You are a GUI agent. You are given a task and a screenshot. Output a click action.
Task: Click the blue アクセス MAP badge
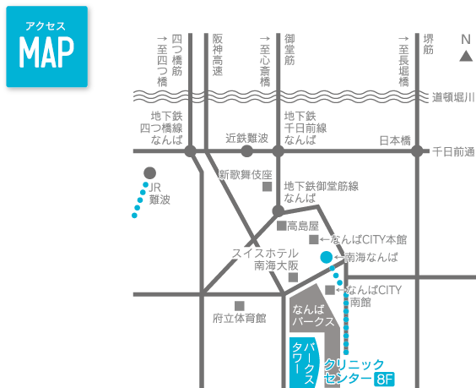point(46,46)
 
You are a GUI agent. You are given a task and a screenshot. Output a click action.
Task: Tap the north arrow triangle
point(466,57)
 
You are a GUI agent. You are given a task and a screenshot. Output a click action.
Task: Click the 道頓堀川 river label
point(453,97)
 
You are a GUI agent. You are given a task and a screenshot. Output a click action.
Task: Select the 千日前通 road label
point(453,151)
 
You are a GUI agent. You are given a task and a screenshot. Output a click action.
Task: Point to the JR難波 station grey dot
point(149,173)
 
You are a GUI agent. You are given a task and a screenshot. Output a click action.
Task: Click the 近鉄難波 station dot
point(246,151)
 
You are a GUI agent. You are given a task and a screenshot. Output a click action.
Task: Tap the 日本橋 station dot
point(417,151)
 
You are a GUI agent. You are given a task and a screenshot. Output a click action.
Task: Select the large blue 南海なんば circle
point(327,257)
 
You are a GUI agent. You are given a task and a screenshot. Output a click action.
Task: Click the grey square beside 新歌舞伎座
point(268,187)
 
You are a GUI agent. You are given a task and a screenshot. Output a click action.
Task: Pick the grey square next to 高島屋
point(281,226)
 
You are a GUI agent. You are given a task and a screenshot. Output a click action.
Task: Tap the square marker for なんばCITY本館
point(314,239)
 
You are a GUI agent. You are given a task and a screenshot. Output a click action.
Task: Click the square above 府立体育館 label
point(240,306)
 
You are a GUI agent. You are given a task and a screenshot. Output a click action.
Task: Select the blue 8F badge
point(384,380)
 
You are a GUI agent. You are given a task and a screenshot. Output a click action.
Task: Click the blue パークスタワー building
point(305,363)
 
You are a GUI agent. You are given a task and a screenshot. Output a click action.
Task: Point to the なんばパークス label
point(313,315)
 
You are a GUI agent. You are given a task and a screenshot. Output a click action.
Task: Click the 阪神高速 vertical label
point(218,54)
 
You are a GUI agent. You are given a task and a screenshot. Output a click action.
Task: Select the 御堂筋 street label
point(289,49)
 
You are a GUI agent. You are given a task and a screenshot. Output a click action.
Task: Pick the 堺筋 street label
point(428,44)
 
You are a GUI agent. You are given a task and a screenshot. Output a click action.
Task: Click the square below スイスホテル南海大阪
point(293,277)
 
